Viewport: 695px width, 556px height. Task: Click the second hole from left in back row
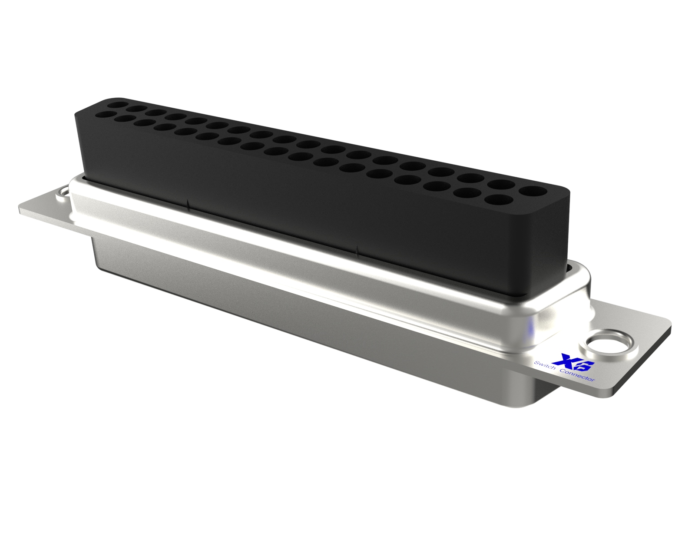tap(136, 109)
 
